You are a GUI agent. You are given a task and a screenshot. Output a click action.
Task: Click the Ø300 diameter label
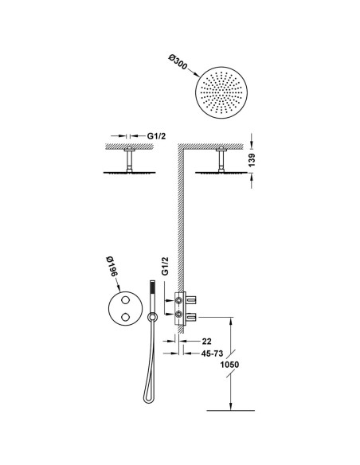point(178,62)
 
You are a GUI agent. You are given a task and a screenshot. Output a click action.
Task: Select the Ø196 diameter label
point(112,267)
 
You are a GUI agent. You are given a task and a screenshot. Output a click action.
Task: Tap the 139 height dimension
point(252,160)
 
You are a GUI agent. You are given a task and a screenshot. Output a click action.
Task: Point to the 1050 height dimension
point(229,364)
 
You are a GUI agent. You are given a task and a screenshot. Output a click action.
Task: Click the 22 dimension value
point(207,342)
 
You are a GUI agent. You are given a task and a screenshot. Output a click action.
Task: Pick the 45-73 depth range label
point(213,354)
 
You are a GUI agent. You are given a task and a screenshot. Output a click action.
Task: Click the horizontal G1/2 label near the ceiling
point(156,136)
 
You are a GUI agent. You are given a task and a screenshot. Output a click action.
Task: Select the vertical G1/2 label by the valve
point(166,266)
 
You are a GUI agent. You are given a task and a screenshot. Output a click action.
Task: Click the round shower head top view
point(221,92)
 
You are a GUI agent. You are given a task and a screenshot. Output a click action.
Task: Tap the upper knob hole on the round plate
point(125,300)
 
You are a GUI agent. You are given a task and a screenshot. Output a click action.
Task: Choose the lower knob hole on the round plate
point(125,317)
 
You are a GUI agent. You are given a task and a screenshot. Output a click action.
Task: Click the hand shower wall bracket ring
point(152,318)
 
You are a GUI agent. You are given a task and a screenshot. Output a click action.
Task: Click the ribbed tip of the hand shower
point(152,288)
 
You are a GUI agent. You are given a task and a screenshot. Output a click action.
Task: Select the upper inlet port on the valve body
point(179,300)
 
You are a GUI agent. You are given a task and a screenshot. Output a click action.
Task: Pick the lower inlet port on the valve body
point(179,314)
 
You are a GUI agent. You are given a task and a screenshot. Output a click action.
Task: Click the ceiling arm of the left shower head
point(129,159)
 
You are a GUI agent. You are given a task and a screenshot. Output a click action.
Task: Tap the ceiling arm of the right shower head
point(221,159)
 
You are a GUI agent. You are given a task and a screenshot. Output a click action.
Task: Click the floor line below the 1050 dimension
point(230,410)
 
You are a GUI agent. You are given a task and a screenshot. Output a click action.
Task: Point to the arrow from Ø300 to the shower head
point(194,72)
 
